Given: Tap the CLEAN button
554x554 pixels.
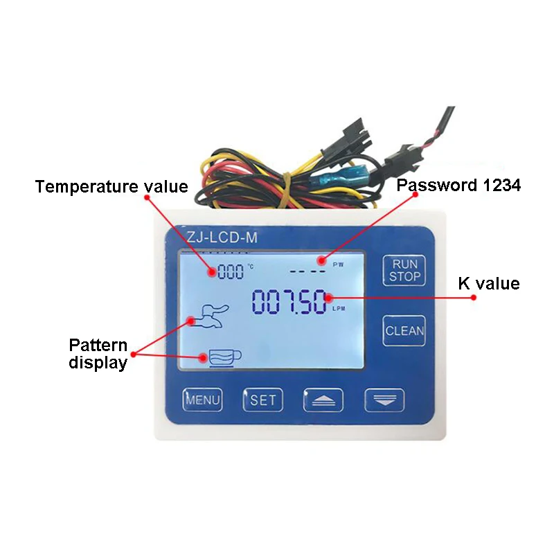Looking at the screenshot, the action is click(x=405, y=330).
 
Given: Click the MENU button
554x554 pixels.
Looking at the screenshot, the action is click(x=202, y=400).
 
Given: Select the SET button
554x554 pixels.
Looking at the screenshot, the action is click(x=263, y=400).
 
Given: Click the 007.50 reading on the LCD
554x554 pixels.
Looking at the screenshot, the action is click(x=288, y=302).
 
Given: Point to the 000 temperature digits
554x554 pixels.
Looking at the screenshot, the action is click(x=231, y=272).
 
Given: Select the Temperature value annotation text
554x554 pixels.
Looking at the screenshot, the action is click(x=111, y=186).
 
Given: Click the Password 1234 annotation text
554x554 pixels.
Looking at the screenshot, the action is click(x=458, y=185).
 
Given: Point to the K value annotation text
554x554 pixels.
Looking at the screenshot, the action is click(x=489, y=283).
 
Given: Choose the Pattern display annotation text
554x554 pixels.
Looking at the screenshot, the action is click(x=98, y=354).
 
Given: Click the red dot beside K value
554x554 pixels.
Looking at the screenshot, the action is click(x=474, y=297).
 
